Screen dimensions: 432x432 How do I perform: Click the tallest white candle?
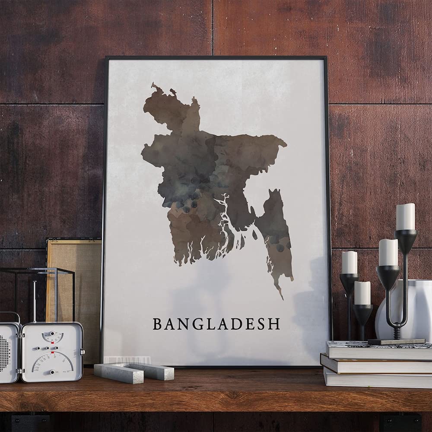(x=405, y=216)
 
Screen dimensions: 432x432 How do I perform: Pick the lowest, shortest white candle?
(x=362, y=292)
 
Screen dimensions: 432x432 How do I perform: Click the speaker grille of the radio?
(x=6, y=352)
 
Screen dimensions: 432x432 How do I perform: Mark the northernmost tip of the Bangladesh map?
(x=153, y=85)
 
